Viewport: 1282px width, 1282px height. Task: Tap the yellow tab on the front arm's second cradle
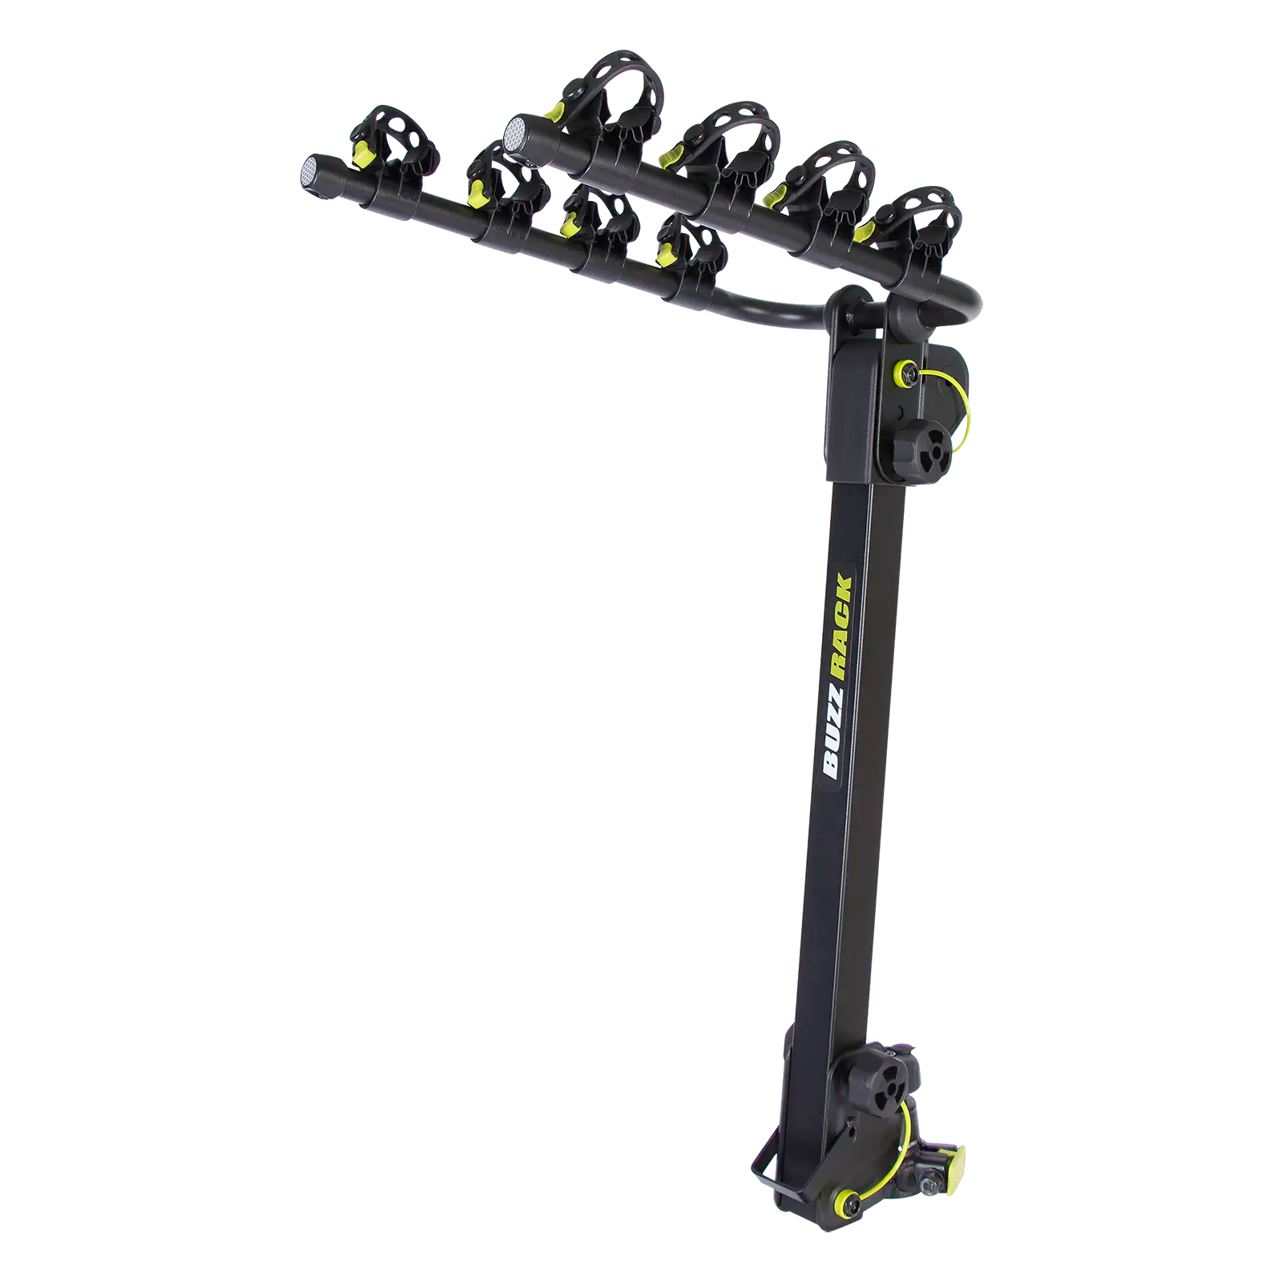click(479, 191)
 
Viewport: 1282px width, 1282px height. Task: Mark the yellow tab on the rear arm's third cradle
click(776, 195)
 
